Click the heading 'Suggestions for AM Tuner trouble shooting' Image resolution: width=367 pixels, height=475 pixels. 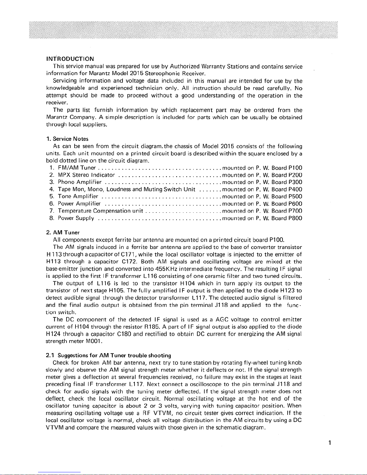(x=114, y=356)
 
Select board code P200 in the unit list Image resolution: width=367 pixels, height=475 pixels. (x=295, y=175)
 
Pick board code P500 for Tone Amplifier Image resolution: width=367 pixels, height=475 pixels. (x=295, y=197)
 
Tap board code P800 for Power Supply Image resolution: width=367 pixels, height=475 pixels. (x=295, y=218)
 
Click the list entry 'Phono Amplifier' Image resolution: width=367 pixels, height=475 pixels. (x=80, y=182)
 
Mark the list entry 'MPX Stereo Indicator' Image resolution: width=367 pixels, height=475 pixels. (x=86, y=175)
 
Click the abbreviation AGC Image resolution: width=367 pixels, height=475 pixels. (x=222, y=319)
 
